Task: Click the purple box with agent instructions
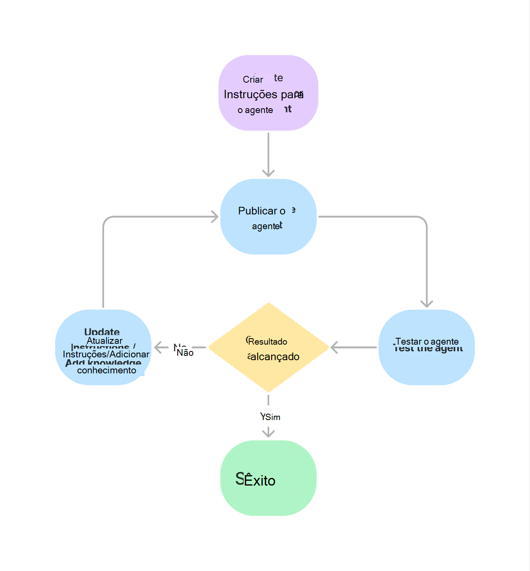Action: pyautogui.click(x=268, y=93)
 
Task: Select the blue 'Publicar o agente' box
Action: pyautogui.click(x=268, y=216)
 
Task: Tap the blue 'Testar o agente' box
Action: pyautogui.click(x=426, y=347)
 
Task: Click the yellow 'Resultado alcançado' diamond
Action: pyautogui.click(x=268, y=347)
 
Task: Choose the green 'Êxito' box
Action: pyautogui.click(x=268, y=478)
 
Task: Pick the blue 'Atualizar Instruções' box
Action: pyautogui.click(x=103, y=347)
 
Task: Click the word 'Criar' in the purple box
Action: pyautogui.click(x=253, y=79)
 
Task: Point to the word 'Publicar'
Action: pyautogui.click(x=258, y=211)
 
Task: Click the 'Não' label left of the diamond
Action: pyautogui.click(x=185, y=353)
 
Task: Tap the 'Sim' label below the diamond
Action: pyautogui.click(x=273, y=417)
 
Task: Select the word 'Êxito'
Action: pyautogui.click(x=260, y=480)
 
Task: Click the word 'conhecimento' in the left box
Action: pyautogui.click(x=107, y=370)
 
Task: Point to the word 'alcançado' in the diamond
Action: pyautogui.click(x=275, y=357)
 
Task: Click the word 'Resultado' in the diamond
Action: pyautogui.click(x=268, y=342)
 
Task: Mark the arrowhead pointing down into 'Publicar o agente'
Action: pyautogui.click(x=268, y=173)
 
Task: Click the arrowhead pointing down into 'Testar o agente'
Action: pyautogui.click(x=427, y=304)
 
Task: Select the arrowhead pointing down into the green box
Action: pyautogui.click(x=268, y=433)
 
